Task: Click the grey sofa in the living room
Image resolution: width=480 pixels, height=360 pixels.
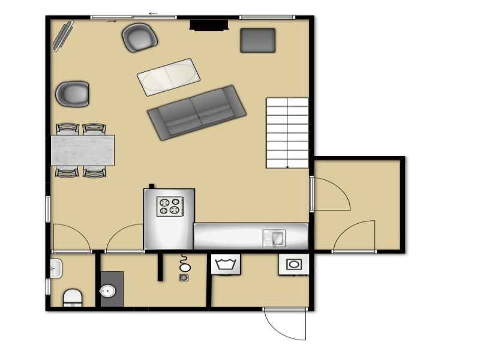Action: point(197,112)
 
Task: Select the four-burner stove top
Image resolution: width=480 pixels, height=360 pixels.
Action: point(169,206)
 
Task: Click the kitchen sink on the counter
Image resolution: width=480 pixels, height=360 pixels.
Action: point(275,239)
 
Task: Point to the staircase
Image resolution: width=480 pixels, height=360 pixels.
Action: point(287,133)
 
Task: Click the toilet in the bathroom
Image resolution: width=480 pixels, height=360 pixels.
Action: point(73,297)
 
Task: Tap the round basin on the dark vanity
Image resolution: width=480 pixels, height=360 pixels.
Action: point(108,292)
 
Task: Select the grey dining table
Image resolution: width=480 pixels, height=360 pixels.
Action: point(83,150)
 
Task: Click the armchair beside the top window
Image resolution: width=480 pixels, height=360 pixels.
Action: point(140,37)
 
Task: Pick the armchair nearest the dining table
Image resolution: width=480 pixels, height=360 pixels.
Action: point(73,94)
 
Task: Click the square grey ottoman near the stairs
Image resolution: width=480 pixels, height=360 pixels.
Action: point(258,40)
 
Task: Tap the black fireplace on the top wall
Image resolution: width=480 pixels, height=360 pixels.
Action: point(209,25)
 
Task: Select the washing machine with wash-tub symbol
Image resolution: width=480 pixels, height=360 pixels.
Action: point(226,263)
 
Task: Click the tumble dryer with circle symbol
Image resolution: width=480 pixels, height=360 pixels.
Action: point(293,264)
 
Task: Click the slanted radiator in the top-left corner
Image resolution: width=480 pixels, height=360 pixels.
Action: point(62,35)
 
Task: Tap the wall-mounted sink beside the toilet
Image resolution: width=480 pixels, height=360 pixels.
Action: point(56,268)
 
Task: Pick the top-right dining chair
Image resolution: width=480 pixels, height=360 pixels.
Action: point(94,128)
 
